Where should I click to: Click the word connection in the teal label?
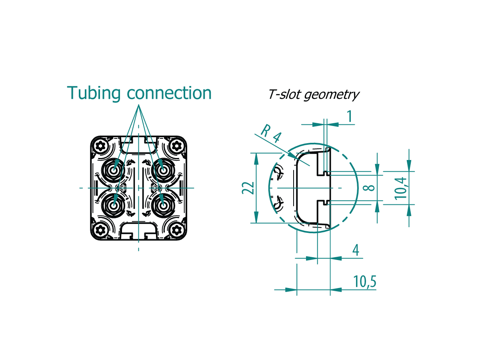tap(169, 93)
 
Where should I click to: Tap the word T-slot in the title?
tap(285, 94)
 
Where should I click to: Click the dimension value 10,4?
tap(401, 188)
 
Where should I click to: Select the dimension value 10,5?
tap(365, 282)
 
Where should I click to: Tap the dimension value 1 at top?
tap(350, 116)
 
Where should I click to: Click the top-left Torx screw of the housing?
tap(100, 146)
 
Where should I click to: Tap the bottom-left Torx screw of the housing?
tap(100, 230)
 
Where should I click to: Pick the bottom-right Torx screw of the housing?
tap(177, 230)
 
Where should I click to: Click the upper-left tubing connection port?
tap(114, 170)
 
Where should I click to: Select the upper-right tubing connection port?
tap(163, 170)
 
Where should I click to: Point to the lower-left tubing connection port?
tap(114, 206)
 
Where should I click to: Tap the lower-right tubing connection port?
tap(163, 206)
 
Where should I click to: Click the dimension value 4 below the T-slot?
tap(356, 250)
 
